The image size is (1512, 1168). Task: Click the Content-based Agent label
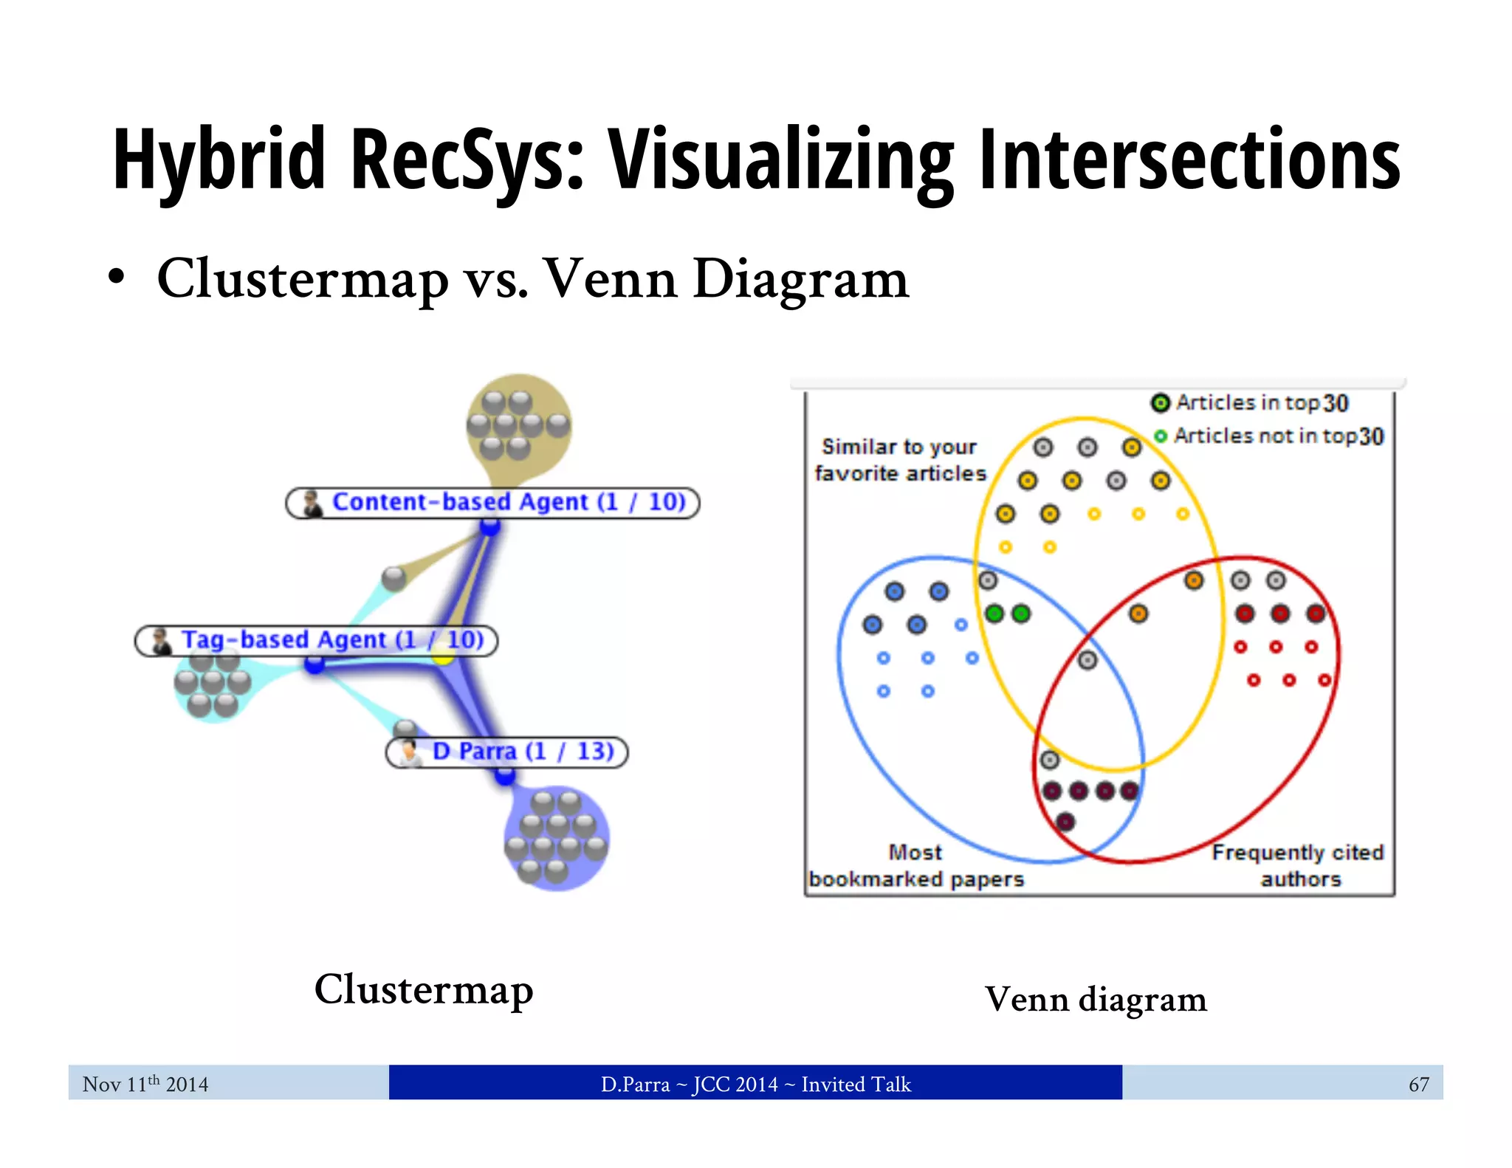pyautogui.click(x=492, y=502)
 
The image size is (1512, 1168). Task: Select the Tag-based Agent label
pyautogui.click(x=317, y=639)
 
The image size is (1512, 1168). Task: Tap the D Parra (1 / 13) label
pyautogui.click(x=507, y=752)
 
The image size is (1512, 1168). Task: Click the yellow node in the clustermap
pyautogui.click(x=442, y=656)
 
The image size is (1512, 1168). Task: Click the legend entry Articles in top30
pyautogui.click(x=1250, y=402)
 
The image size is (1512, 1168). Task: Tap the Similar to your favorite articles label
pyautogui.click(x=899, y=460)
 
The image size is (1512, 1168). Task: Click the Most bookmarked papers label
pyautogui.click(x=915, y=865)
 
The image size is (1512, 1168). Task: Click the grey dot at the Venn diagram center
pyautogui.click(x=1087, y=660)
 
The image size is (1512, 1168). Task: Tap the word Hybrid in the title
pyautogui.click(x=219, y=159)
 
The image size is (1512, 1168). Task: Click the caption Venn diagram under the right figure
pyautogui.click(x=1096, y=1000)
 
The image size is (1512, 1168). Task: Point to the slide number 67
pyautogui.click(x=1418, y=1084)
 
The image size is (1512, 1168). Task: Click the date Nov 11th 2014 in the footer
pyautogui.click(x=145, y=1084)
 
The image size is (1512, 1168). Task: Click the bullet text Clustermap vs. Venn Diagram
pyautogui.click(x=532, y=279)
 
